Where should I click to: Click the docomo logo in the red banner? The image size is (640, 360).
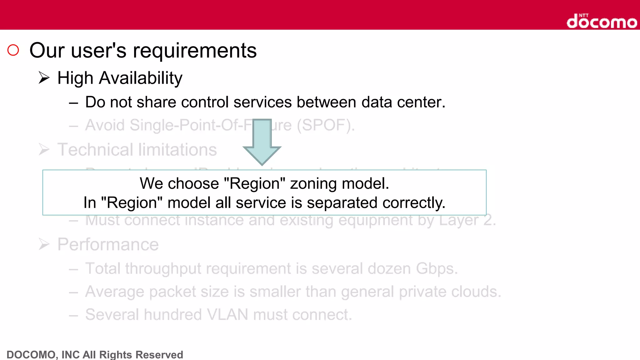(602, 22)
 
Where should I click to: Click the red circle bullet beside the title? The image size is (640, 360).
(13, 50)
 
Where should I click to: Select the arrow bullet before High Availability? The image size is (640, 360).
(44, 77)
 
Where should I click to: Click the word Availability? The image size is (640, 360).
(141, 78)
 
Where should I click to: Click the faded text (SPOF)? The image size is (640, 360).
(326, 125)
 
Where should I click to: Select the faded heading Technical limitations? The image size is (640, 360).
(137, 150)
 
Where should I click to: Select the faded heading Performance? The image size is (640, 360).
(108, 244)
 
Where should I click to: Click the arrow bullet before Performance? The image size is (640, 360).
(44, 244)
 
